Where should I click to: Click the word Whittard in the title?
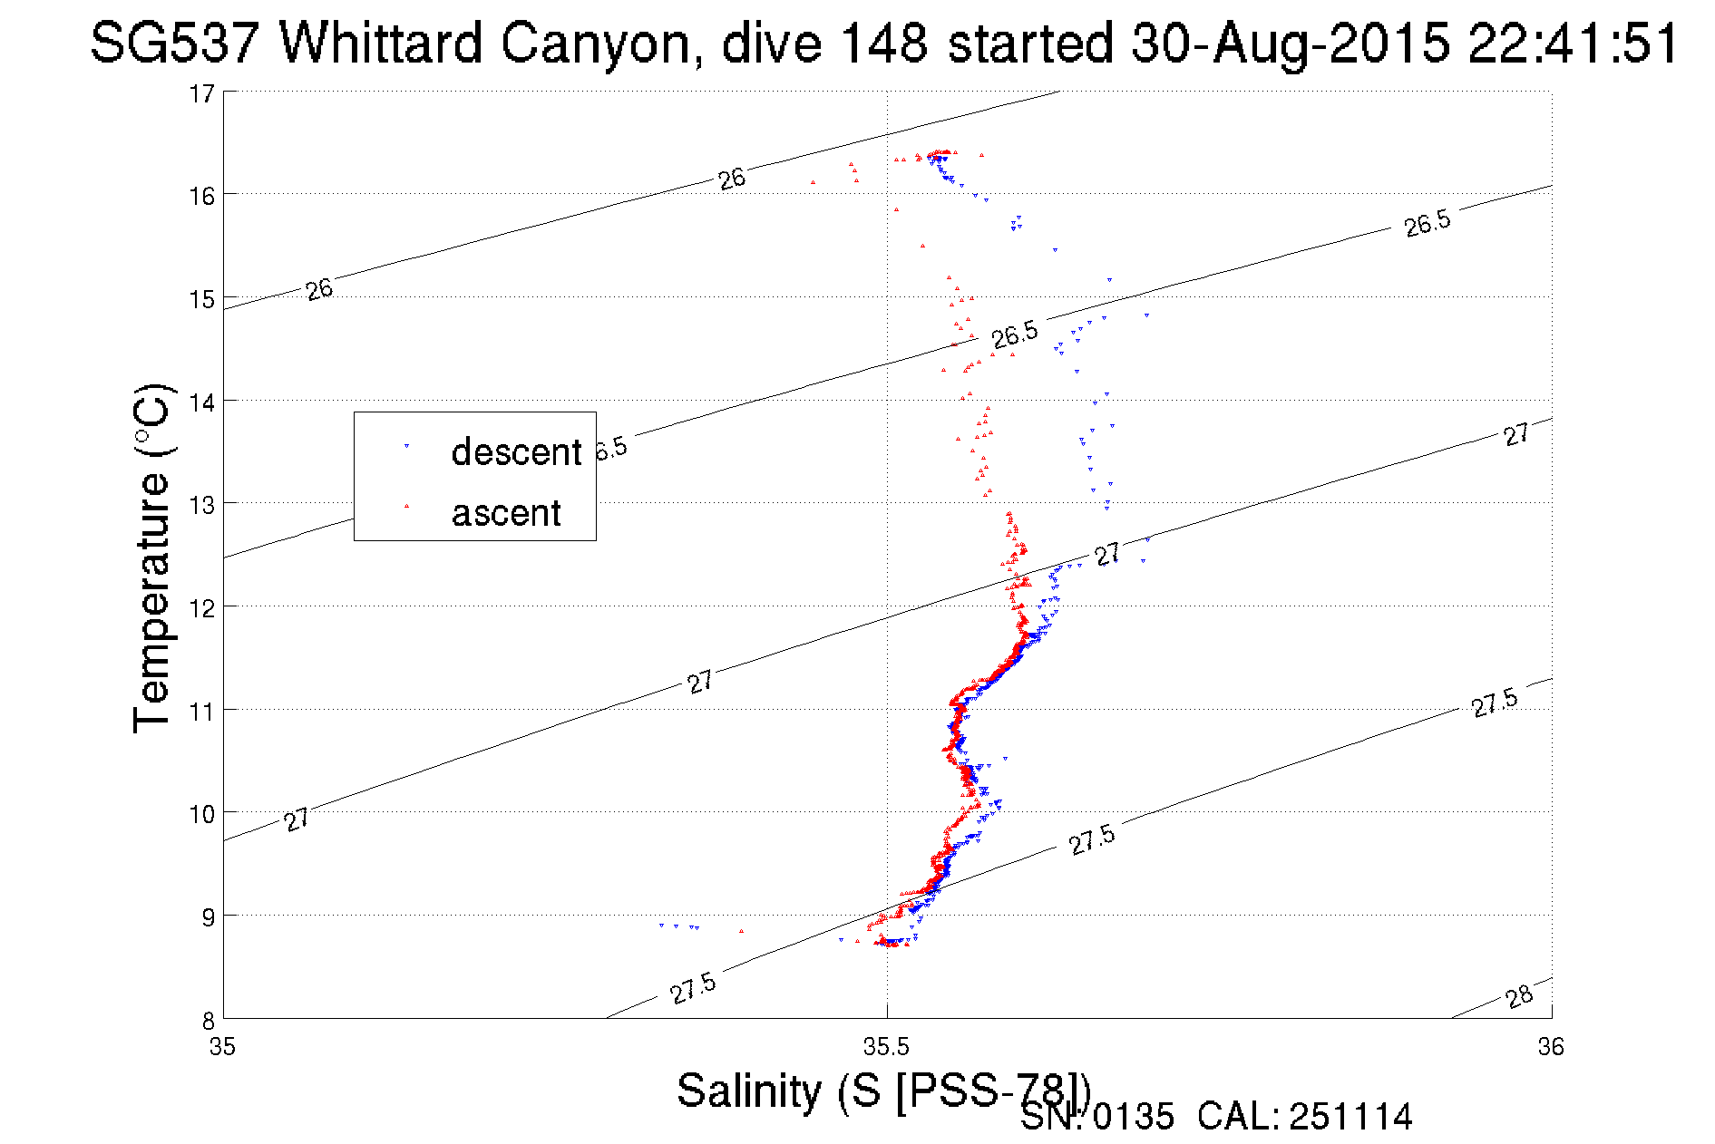tap(380, 43)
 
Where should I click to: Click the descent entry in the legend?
tap(515, 451)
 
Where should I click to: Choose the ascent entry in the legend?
tap(506, 513)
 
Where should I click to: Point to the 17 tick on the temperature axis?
tap(202, 93)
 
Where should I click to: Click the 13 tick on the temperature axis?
tap(202, 505)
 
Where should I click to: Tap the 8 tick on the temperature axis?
tap(207, 1020)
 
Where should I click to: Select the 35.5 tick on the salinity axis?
tap(886, 1047)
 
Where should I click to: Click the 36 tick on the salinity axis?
tap(1551, 1047)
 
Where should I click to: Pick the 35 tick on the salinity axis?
tap(222, 1047)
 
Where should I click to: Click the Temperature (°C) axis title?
tap(152, 557)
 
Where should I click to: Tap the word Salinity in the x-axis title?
tap(749, 1091)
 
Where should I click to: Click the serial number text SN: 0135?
tap(1096, 1117)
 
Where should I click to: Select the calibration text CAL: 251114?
tap(1304, 1117)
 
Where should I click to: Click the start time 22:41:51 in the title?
tap(1573, 43)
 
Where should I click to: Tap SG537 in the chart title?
tap(174, 43)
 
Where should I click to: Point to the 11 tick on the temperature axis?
tap(202, 711)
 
